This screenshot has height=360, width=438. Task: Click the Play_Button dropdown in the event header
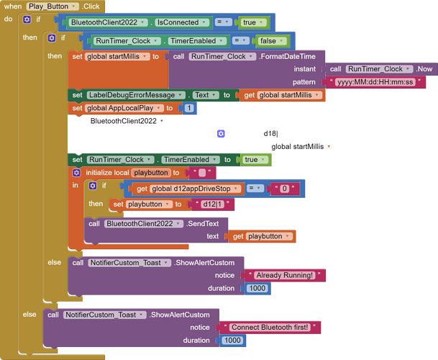[x=53, y=6]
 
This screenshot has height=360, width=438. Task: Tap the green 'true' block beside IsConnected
[x=252, y=22]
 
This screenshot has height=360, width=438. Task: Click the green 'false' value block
[x=271, y=41]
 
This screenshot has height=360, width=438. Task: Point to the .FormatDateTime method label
[x=287, y=56]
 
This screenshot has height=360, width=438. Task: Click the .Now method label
[x=424, y=69]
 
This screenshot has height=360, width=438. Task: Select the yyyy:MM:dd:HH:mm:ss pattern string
[x=375, y=82]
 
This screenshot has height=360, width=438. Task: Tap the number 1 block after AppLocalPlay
[x=189, y=108]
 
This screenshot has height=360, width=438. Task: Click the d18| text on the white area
[x=270, y=134]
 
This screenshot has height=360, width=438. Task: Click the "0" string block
[x=284, y=189]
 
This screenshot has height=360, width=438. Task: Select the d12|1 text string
[x=212, y=204]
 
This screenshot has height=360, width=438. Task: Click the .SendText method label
[x=203, y=224]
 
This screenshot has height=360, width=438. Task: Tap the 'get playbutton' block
[x=261, y=237]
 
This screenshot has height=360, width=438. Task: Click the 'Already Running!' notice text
[x=284, y=276]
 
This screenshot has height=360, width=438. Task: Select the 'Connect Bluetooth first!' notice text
[x=270, y=328]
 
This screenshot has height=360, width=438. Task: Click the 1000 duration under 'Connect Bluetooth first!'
[x=232, y=341]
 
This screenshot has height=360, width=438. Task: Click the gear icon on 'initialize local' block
[x=76, y=173]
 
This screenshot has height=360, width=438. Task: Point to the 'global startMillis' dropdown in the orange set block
[x=117, y=57]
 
